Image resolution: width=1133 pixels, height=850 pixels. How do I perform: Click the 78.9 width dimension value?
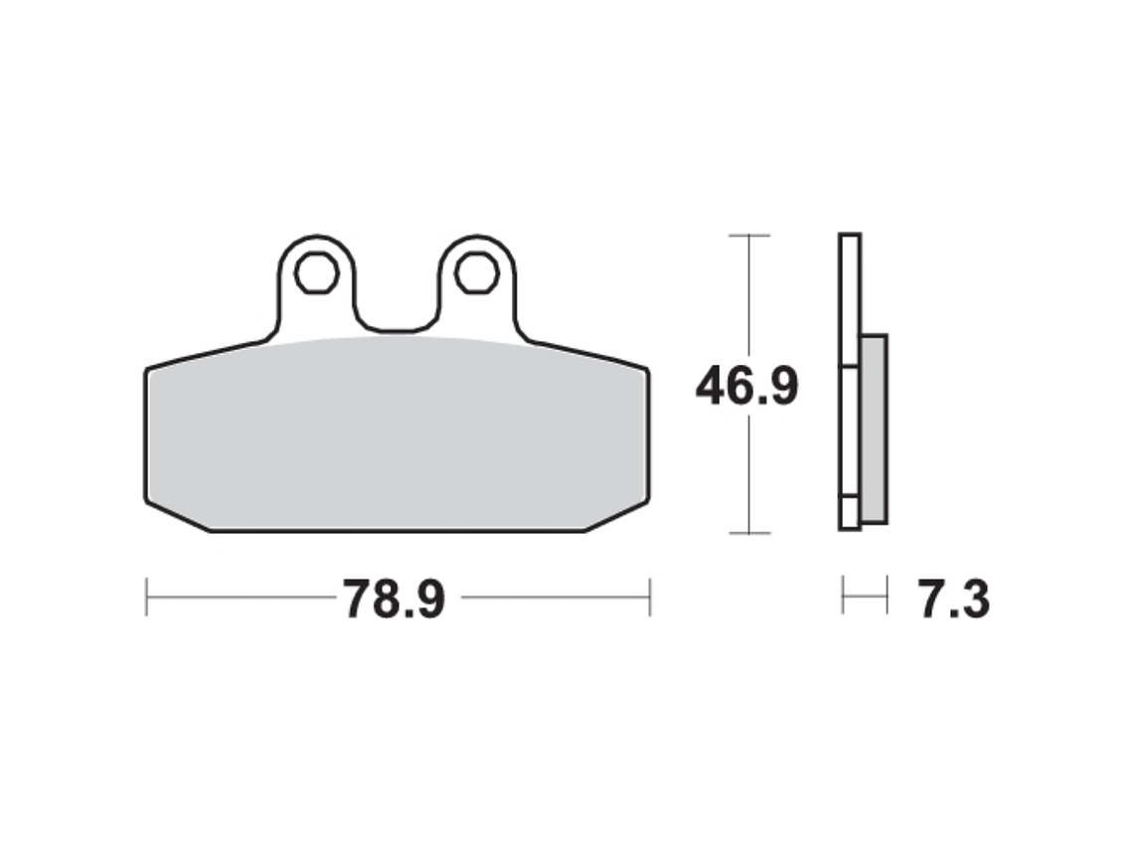point(394,599)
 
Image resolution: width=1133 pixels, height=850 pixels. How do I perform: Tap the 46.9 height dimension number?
point(747,387)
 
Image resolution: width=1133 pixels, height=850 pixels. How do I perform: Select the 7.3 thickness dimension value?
point(954,599)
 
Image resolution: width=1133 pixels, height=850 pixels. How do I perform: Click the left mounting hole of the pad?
point(317,272)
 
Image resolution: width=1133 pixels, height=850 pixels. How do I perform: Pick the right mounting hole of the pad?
point(477,272)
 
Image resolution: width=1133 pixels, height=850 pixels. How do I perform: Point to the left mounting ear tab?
point(317,284)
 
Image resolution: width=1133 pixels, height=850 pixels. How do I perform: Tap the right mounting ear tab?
point(477,284)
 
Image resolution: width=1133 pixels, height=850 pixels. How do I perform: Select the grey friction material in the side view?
point(874,428)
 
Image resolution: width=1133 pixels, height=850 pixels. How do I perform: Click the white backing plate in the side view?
point(849,383)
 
